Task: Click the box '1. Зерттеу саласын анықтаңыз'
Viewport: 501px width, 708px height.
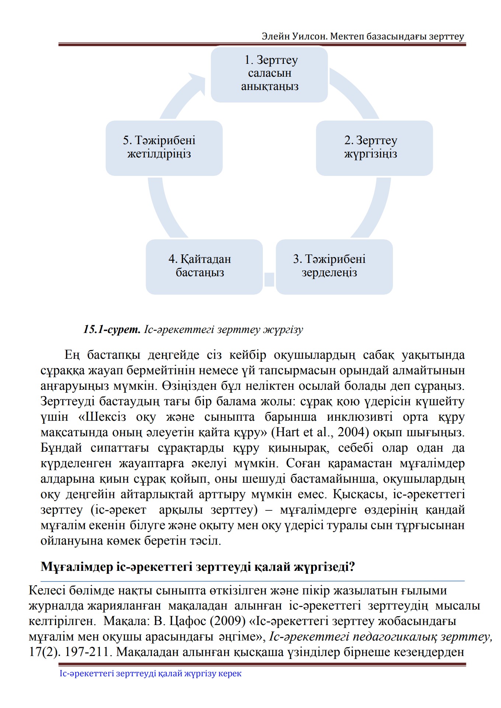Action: coord(269,74)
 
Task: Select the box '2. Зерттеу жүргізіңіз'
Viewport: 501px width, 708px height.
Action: coord(374,148)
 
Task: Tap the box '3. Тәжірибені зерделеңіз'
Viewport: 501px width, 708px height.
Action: coord(334,267)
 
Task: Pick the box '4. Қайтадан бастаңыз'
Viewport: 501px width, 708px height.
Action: coord(204,267)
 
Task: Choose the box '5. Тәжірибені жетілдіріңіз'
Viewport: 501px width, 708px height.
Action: coord(164,148)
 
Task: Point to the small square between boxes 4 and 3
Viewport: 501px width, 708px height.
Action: coord(269,280)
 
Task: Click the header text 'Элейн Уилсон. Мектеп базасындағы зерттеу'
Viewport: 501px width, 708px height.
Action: coord(363,37)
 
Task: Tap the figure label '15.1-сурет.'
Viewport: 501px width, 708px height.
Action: coord(112,329)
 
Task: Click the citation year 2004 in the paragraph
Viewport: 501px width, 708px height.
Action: coord(351,432)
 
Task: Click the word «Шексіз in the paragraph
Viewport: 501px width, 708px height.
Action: coord(102,417)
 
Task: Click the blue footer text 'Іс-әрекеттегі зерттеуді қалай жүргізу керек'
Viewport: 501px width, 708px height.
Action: coord(150,674)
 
